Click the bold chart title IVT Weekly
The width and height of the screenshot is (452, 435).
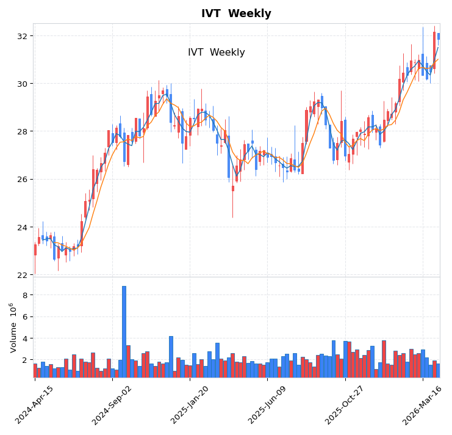click(236, 13)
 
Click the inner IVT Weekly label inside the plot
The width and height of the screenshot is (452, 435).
click(216, 53)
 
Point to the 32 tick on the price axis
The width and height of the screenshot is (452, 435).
click(22, 36)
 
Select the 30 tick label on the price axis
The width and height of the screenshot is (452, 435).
click(22, 84)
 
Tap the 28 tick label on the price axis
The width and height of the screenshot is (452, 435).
click(22, 131)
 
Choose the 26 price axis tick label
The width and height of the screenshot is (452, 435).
click(22, 180)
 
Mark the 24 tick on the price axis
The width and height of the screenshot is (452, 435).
click(22, 227)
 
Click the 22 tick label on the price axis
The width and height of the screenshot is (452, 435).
click(22, 275)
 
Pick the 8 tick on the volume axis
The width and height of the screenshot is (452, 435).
click(25, 295)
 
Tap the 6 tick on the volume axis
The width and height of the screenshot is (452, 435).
click(25, 316)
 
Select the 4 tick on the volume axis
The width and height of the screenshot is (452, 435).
click(25, 338)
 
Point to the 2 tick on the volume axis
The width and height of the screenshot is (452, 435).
click(25, 360)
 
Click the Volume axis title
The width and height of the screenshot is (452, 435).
click(12, 327)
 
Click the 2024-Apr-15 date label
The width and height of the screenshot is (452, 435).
click(35, 404)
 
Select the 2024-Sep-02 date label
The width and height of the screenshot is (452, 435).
click(113, 404)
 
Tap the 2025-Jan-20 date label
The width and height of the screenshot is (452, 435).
click(190, 404)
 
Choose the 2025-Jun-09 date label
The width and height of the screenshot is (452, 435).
click(268, 404)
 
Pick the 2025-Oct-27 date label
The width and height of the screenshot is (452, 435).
click(346, 404)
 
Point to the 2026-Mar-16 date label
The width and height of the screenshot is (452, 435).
click(423, 404)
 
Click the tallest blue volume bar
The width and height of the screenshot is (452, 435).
click(124, 331)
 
